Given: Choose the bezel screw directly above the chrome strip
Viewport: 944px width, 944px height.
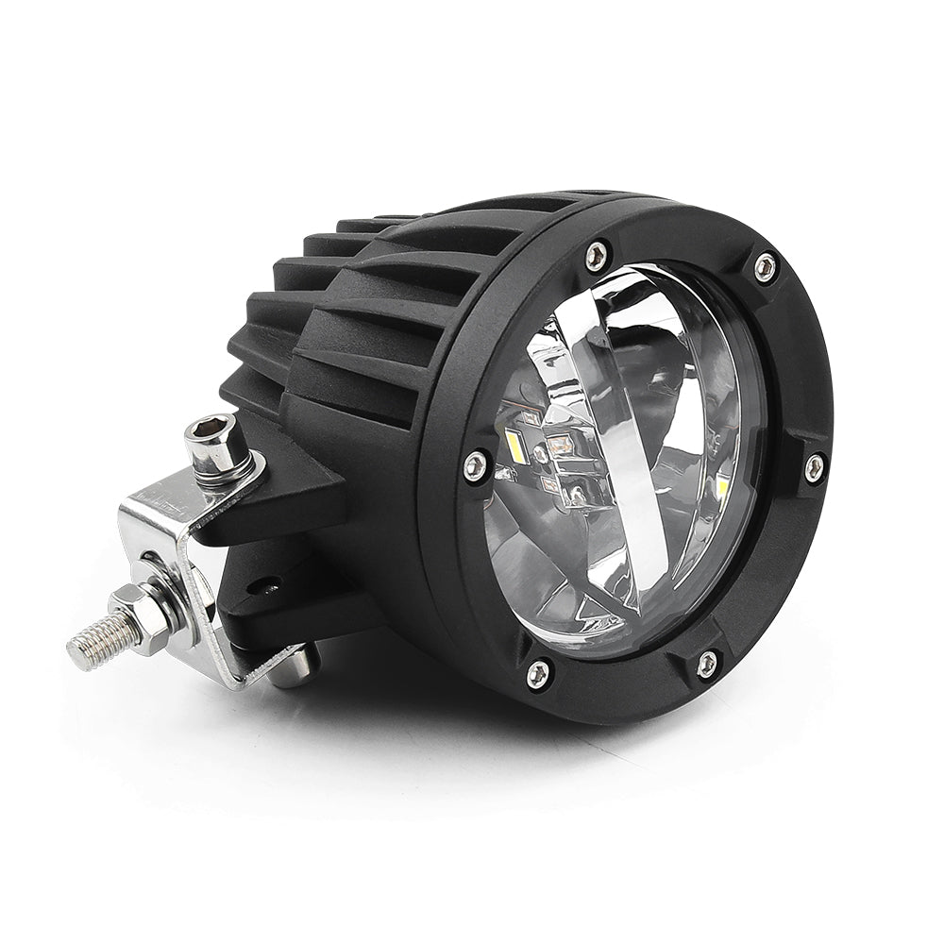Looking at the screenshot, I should click(597, 253).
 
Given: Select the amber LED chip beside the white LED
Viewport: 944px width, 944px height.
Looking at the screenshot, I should click(557, 442).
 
